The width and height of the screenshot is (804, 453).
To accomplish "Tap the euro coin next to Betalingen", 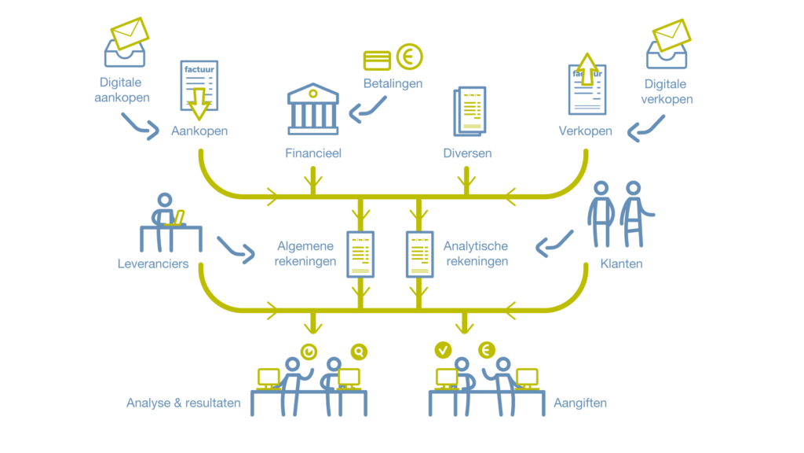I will pos(409,57).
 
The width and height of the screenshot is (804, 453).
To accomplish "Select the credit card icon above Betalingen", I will pos(378,61).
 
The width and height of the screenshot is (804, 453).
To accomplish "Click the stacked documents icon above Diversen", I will pos(470,109).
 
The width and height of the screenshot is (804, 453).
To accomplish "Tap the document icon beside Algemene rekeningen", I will pos(360,254).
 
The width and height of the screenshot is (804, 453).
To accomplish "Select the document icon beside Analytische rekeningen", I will pos(419,254).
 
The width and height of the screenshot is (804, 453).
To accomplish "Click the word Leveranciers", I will pos(153,263).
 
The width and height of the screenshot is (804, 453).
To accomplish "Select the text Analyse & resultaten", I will pos(184,403).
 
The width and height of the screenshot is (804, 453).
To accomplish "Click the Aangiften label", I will pos(580,403).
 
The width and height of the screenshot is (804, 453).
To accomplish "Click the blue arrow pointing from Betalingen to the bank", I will pos(367,111).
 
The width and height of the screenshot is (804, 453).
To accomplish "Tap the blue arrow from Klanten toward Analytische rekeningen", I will pos(554,243).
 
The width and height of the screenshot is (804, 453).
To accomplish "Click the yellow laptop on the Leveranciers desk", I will pos(178,217).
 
